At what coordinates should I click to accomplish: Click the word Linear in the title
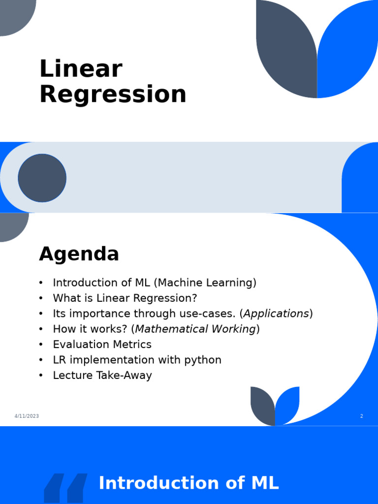(80, 69)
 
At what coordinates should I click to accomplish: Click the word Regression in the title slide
(113, 94)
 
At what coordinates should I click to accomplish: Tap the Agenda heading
(79, 254)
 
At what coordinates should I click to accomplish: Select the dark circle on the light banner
(42, 178)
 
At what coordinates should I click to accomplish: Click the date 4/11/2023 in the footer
(27, 416)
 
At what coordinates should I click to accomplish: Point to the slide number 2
(361, 416)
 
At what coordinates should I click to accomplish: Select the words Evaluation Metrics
(102, 345)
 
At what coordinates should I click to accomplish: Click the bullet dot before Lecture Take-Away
(41, 376)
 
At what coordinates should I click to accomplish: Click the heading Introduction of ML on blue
(189, 483)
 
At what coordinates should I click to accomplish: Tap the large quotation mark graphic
(65, 488)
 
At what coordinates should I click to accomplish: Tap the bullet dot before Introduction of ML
(41, 283)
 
